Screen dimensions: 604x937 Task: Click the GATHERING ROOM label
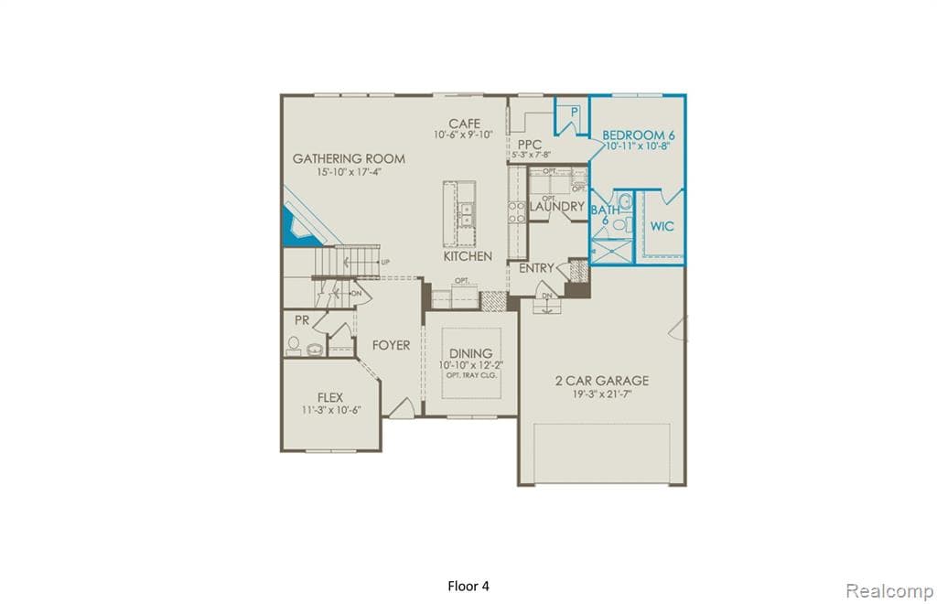click(349, 158)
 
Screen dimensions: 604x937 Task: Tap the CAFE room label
click(464, 124)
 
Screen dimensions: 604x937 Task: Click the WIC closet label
click(662, 226)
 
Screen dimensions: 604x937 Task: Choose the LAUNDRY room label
click(556, 207)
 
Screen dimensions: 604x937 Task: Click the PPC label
click(529, 145)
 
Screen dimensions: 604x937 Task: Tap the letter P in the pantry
click(575, 112)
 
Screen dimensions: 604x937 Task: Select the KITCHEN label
click(468, 256)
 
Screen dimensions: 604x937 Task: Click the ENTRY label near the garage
click(536, 268)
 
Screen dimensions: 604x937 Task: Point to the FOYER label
click(391, 345)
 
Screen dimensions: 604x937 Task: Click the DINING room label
click(471, 353)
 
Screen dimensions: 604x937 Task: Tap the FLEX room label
click(329, 397)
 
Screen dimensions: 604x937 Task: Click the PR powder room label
click(301, 321)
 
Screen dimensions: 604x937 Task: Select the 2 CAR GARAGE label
click(602, 380)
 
